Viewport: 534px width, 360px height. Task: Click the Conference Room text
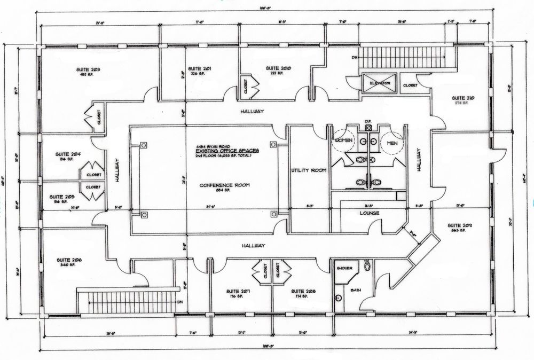(225, 185)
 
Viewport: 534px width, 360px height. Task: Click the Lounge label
(369, 213)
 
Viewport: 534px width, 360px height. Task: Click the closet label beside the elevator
(410, 84)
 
